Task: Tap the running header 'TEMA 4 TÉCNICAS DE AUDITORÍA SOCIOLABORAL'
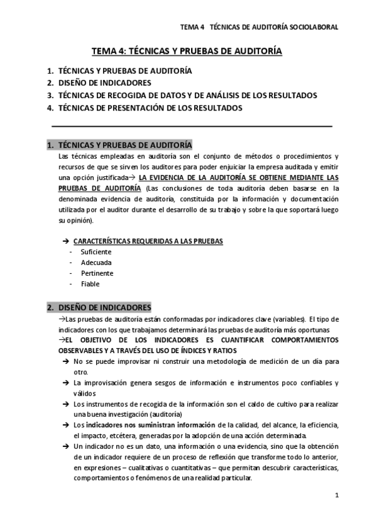(259, 27)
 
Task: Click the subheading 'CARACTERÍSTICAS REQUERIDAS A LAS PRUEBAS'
(149, 241)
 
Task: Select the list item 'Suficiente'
(96, 251)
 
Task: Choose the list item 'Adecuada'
(96, 262)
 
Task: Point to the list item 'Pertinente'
(97, 273)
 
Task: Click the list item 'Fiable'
(90, 284)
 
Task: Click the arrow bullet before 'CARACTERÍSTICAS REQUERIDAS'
(65, 241)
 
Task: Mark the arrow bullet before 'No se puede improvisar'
(65, 361)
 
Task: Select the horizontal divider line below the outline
(191, 127)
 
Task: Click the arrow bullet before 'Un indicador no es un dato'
(65, 446)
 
